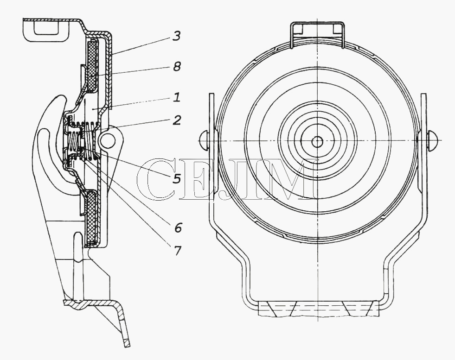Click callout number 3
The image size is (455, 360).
(x=176, y=36)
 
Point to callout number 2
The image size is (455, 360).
(x=177, y=120)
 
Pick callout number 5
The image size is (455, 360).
(x=176, y=178)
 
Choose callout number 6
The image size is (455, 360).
(x=178, y=227)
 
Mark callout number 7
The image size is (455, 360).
(x=177, y=250)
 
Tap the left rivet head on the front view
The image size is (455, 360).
(x=205, y=140)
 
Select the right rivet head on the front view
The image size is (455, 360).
(x=432, y=140)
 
